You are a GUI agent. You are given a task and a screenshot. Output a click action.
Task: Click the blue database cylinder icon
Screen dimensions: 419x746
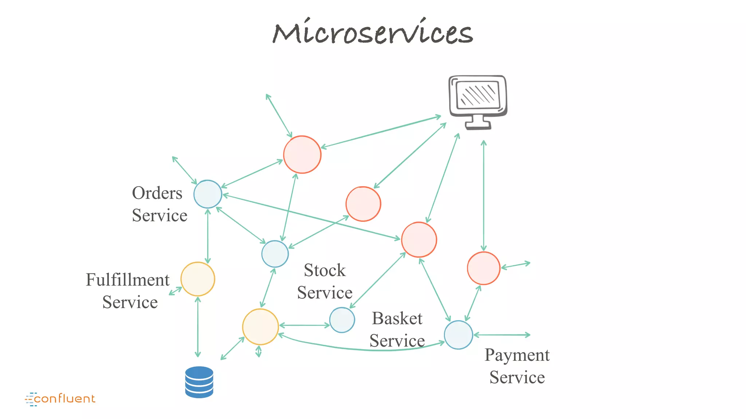click(x=199, y=382)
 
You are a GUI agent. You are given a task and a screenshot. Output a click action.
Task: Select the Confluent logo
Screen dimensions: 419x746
click(x=60, y=399)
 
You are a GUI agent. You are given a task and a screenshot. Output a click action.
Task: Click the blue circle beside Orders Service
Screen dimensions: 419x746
click(x=208, y=194)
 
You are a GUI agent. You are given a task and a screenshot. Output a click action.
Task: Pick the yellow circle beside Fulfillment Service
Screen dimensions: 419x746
click(x=198, y=279)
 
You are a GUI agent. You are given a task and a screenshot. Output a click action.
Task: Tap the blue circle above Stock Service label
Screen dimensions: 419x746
click(x=275, y=254)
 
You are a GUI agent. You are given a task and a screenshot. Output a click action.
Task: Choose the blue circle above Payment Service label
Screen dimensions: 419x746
click(x=458, y=335)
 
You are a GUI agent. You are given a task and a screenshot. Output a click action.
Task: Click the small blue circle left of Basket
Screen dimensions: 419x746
click(x=342, y=320)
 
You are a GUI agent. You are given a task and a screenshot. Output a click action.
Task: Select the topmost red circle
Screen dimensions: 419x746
click(x=302, y=155)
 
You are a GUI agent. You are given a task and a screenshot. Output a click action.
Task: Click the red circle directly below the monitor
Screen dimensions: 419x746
click(x=483, y=268)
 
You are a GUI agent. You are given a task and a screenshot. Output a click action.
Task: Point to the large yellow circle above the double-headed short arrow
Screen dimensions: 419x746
click(x=260, y=327)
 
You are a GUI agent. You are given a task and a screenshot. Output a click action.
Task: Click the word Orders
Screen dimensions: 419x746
click(x=157, y=193)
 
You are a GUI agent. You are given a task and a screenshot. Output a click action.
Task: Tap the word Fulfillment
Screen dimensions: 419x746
click(x=127, y=280)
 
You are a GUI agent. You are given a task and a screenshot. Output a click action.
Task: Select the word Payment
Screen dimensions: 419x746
click(x=517, y=355)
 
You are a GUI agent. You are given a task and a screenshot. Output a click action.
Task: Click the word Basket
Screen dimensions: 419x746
click(x=397, y=319)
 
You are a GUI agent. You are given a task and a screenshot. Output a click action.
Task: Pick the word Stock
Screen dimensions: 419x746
click(x=325, y=270)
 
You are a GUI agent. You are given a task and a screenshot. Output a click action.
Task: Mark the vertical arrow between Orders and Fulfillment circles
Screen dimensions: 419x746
click(x=208, y=236)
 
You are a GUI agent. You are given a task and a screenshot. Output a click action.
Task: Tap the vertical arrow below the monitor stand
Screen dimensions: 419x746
click(x=483, y=196)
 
